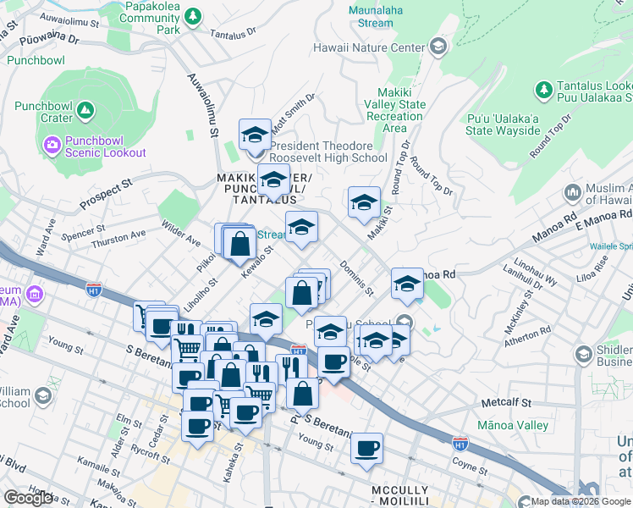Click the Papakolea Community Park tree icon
(x=193, y=15)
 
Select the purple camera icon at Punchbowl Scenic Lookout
(x=52, y=145)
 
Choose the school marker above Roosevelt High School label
(x=254, y=134)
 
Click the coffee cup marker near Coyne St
(x=366, y=448)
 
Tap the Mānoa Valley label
(x=513, y=425)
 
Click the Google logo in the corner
(x=28, y=498)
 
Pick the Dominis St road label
(x=357, y=279)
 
